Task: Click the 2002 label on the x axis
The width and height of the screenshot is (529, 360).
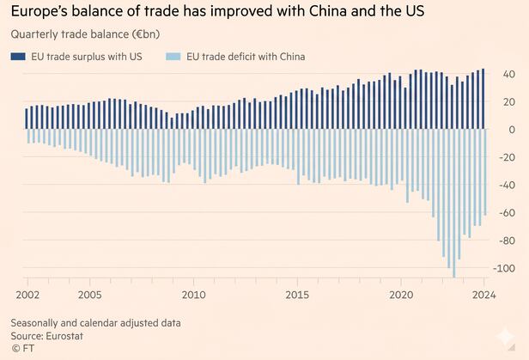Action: point(27,295)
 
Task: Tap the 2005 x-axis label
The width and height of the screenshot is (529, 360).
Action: point(89,295)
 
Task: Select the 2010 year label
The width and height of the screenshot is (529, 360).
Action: point(194,295)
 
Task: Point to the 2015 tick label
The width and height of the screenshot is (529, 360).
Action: point(297,295)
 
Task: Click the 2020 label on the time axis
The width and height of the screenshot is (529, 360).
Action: point(401,295)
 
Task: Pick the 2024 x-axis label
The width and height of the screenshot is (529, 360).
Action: point(484,295)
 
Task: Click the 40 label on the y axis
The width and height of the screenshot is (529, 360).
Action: point(509,74)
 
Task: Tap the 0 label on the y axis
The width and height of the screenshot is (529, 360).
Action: point(512,130)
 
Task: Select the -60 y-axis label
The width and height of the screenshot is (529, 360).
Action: point(508,213)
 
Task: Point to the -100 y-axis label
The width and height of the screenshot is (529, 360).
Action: point(504,269)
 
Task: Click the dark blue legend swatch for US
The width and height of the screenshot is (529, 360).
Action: point(18,57)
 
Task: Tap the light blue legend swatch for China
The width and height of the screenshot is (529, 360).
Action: point(173,57)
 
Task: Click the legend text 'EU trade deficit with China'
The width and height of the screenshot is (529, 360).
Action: point(246,57)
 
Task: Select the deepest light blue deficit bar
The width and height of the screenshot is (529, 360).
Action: point(453,204)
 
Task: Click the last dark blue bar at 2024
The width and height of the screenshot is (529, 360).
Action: point(483,99)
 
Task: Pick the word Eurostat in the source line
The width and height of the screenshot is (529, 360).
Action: point(64,336)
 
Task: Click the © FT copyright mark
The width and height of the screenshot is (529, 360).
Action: point(23,348)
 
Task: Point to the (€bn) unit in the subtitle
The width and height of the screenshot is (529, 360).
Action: point(146,34)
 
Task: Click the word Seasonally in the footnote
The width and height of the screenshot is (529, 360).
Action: point(34,323)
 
